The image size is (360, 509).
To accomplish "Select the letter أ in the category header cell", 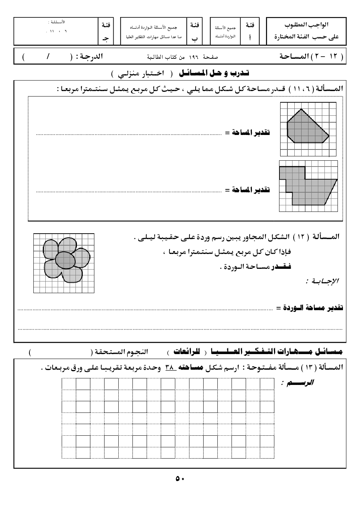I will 250,37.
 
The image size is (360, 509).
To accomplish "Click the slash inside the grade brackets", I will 48,57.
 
